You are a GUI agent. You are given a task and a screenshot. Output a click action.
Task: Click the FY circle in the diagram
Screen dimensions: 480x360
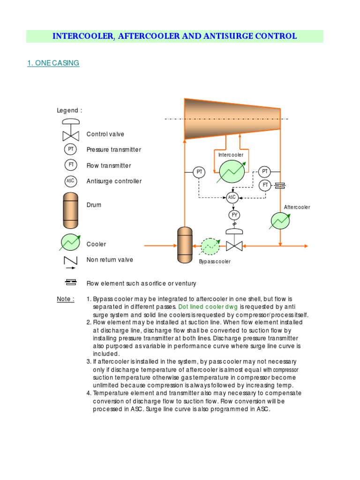[234, 215]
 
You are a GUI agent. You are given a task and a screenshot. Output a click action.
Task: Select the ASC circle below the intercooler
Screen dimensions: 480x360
[232, 197]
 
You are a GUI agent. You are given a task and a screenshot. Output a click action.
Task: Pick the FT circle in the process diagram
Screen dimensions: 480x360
[265, 185]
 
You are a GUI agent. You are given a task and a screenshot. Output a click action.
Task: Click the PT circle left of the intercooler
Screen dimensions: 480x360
[200, 172]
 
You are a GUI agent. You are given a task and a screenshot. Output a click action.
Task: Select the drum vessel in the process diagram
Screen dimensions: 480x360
[185, 245]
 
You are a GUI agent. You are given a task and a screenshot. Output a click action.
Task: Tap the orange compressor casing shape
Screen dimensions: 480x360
[232, 119]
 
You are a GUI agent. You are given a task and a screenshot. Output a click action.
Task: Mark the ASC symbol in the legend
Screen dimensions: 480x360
[70, 181]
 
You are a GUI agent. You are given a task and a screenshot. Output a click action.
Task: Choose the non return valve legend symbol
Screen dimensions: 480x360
[70, 262]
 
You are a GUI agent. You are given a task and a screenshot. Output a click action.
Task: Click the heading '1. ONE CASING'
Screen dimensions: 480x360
[53, 63]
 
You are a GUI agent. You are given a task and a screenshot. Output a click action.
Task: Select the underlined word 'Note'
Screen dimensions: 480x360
[65, 299]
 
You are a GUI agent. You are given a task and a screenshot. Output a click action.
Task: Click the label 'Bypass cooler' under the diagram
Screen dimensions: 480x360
[215, 262]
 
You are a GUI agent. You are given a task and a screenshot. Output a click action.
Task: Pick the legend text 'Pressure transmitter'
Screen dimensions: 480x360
[113, 150]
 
